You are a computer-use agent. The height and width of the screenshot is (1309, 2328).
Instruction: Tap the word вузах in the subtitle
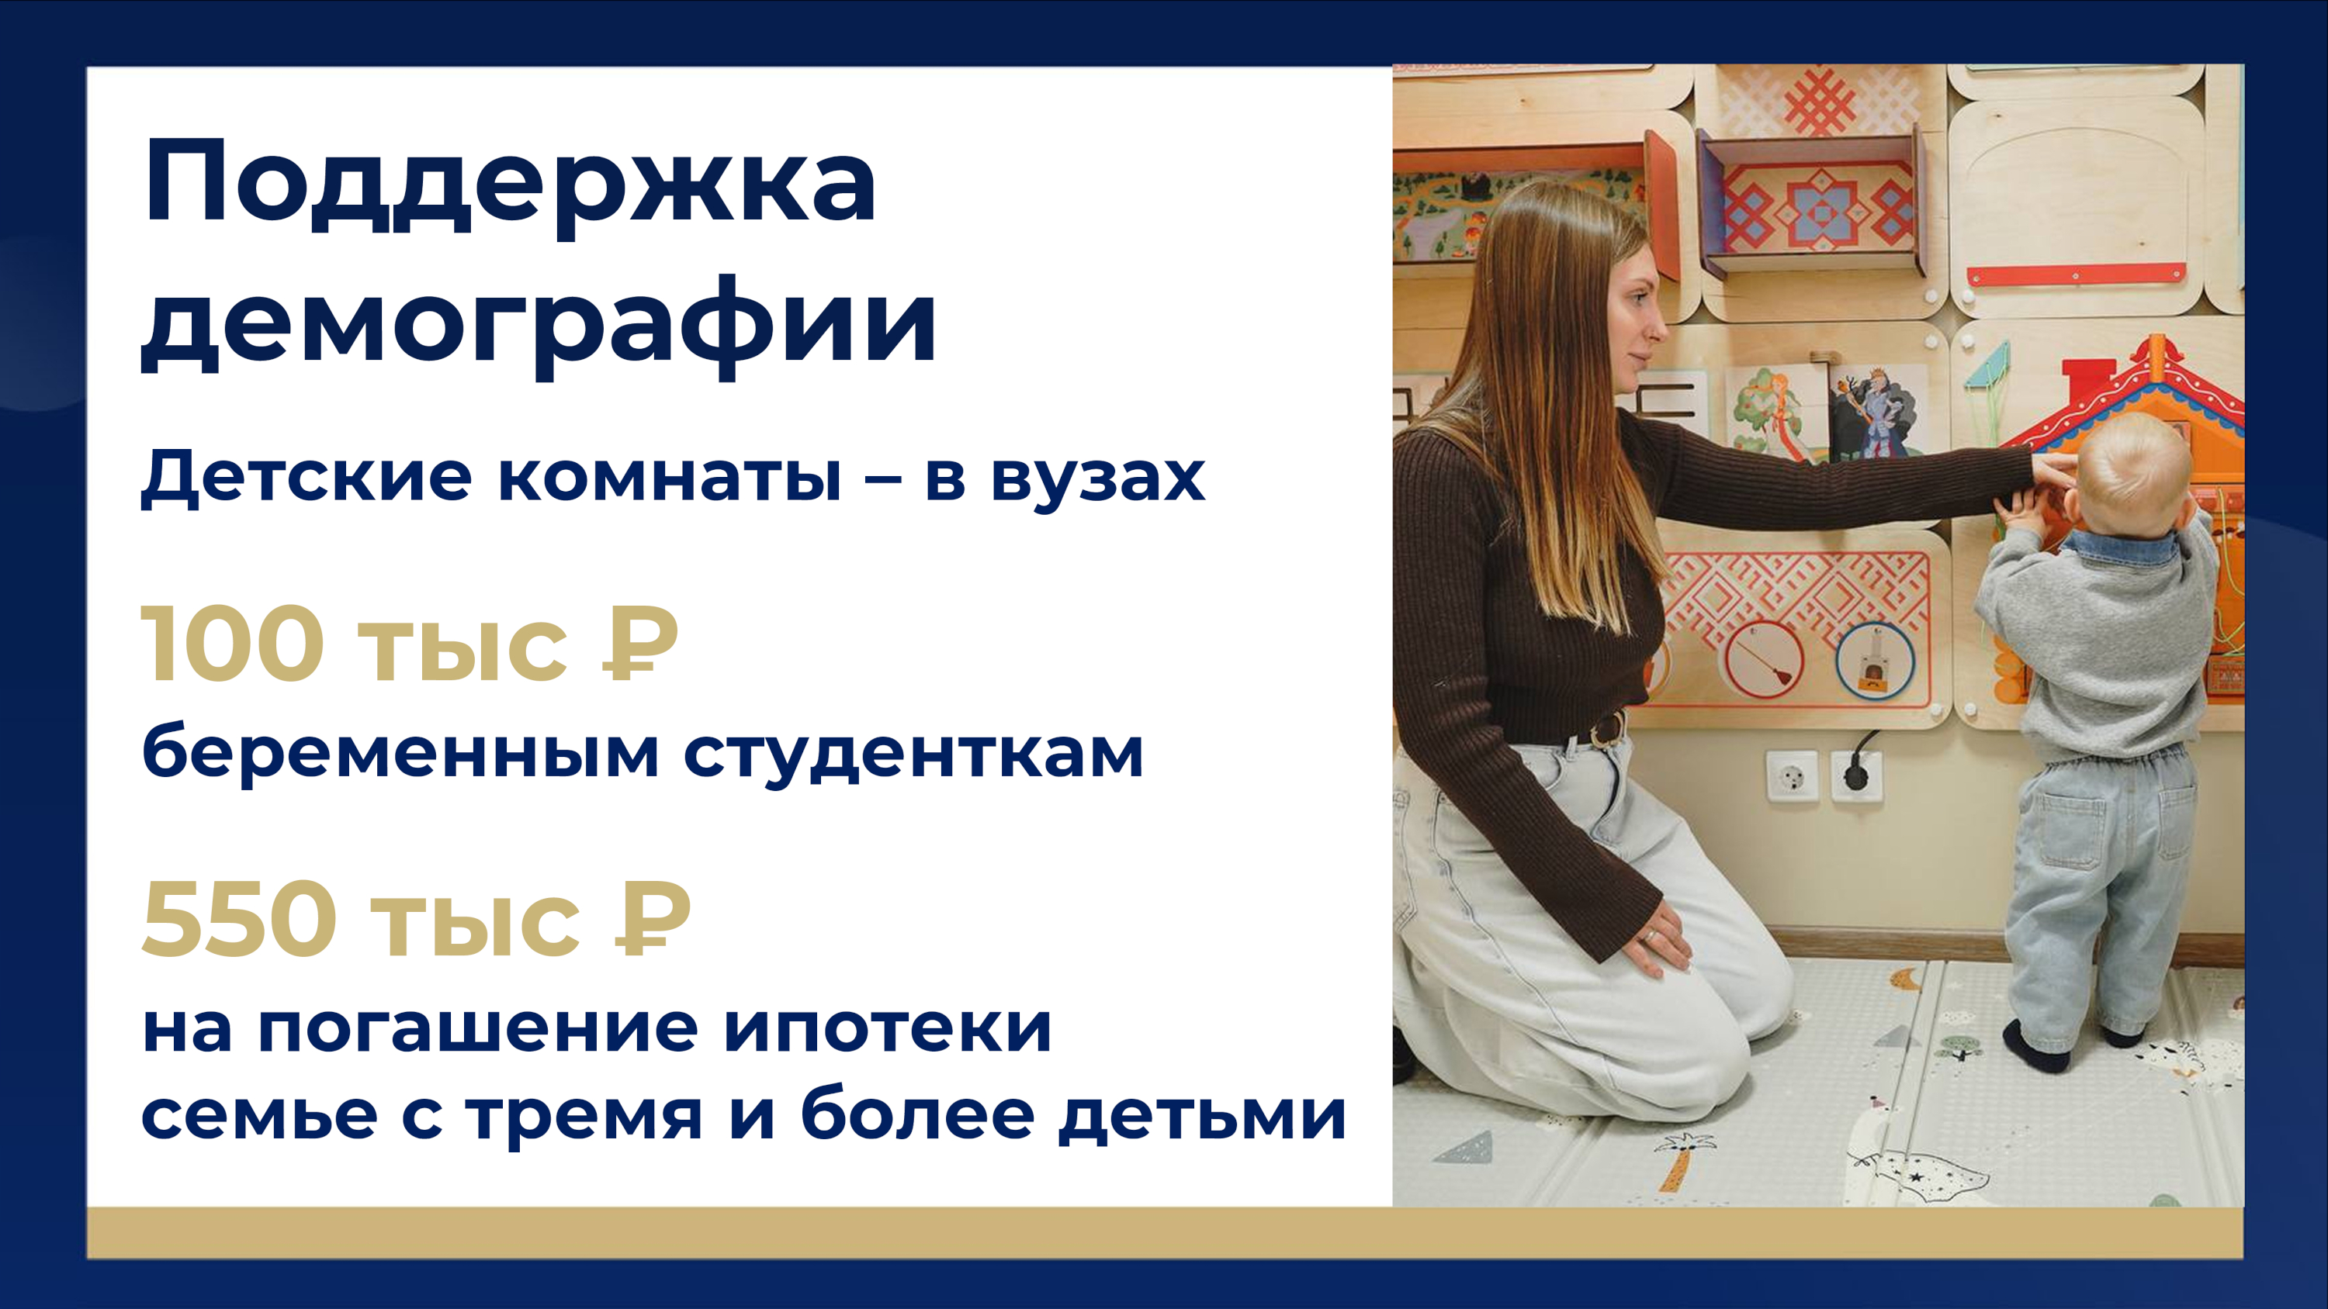tap(1098, 477)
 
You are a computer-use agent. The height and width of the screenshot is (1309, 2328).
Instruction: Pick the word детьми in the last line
tap(1203, 1117)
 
